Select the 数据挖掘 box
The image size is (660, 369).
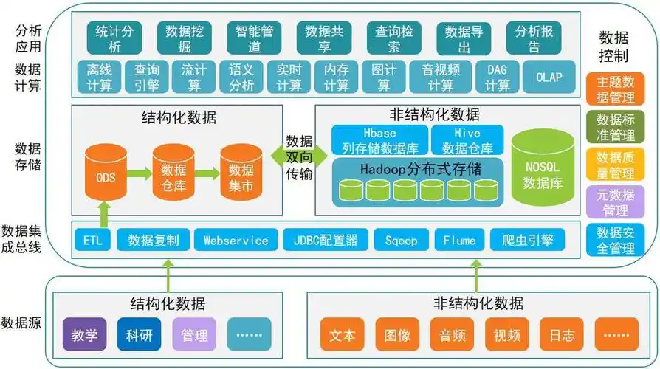coord(185,38)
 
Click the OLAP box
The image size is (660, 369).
coord(549,77)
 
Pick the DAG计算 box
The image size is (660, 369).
coord(498,77)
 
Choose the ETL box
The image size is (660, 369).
coord(93,241)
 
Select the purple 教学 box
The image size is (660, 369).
coord(85,334)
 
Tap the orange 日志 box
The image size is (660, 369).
coord(562,334)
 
